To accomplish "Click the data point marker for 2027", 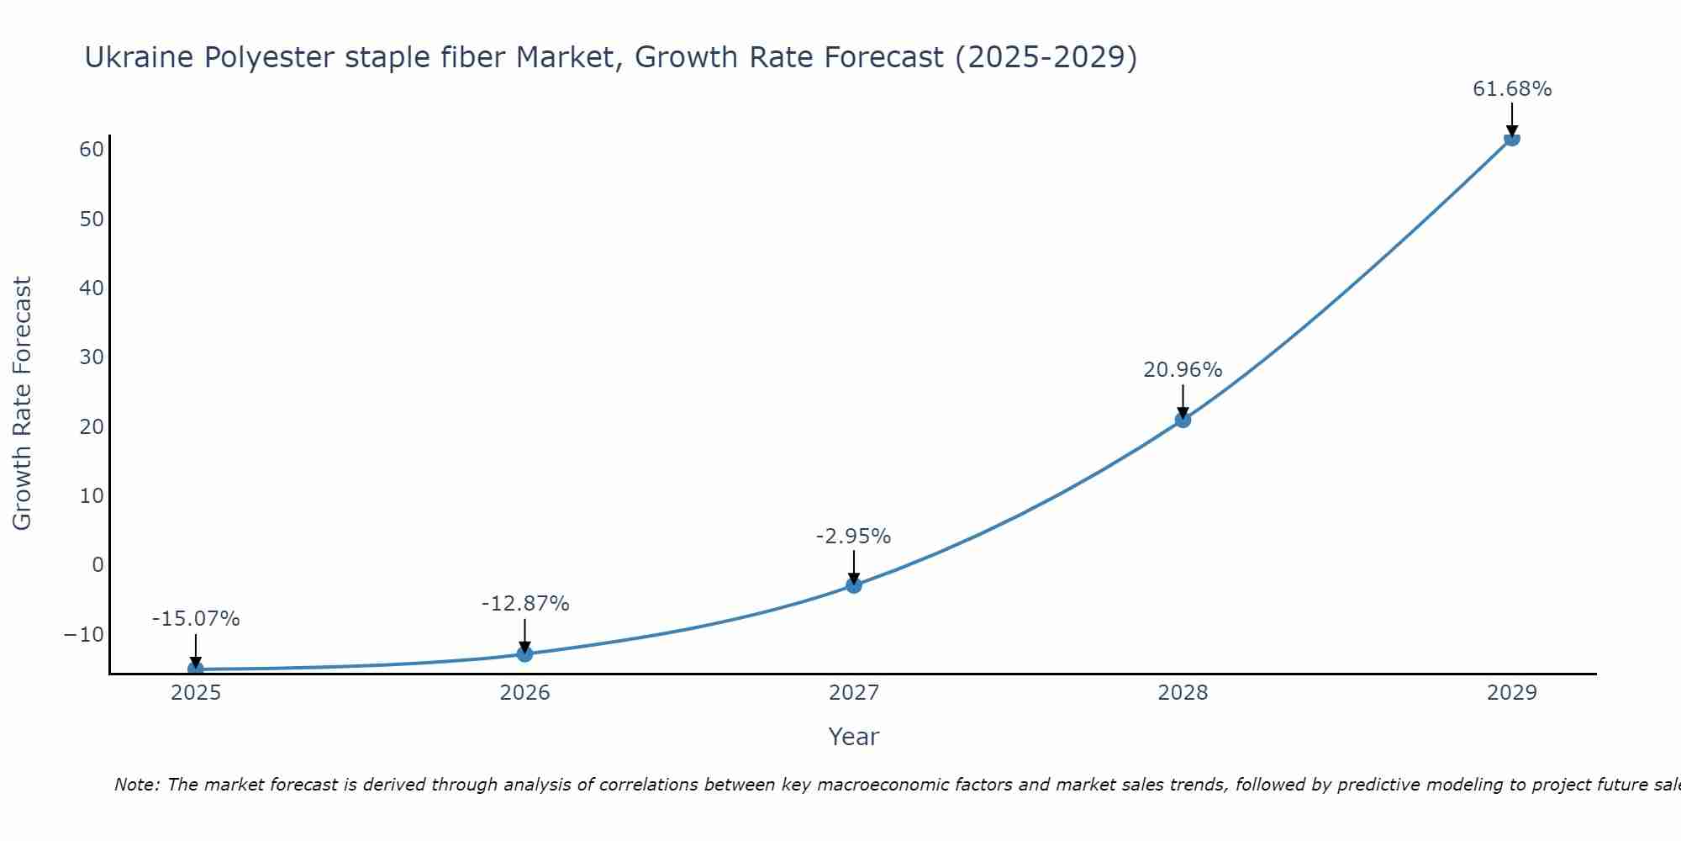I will (854, 584).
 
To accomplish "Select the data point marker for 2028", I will (1183, 419).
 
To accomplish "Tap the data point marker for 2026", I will (524, 653).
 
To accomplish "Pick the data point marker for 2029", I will (1511, 138).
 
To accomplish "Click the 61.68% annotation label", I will (1511, 89).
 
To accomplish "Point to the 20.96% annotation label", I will (1183, 370).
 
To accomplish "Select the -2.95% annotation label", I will (853, 537).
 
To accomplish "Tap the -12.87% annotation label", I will (525, 604).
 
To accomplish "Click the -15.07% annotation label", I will (196, 619).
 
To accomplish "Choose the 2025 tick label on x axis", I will (196, 693).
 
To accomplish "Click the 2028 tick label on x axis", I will (1183, 693).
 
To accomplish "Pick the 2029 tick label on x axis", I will (1511, 693).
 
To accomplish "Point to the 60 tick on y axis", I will (92, 150).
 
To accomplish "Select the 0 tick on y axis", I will (97, 565).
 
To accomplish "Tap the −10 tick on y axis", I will (84, 634).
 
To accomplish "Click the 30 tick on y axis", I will (92, 357).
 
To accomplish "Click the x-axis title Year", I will (853, 737).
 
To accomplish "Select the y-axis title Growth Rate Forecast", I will (23, 403).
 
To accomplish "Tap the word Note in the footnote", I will (135, 785).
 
